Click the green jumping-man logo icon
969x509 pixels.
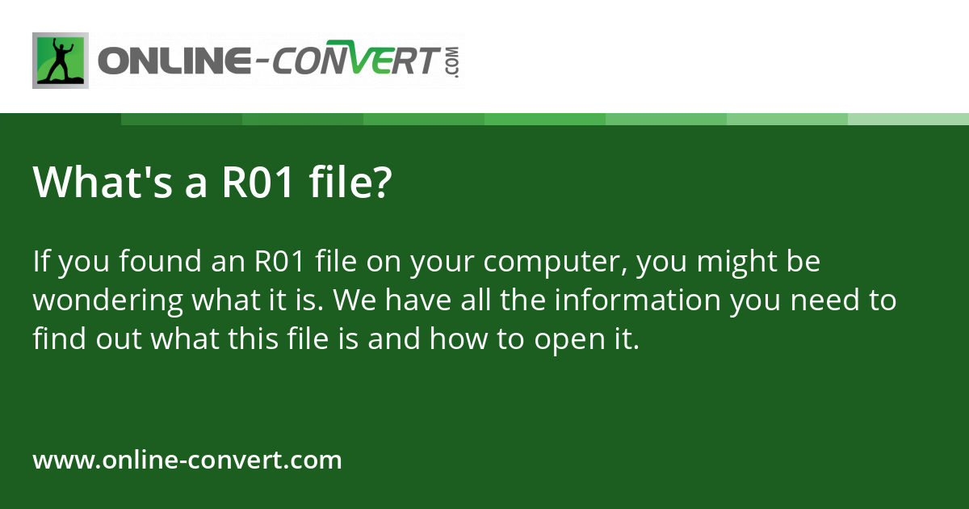(x=60, y=61)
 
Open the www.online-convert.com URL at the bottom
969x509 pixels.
(x=187, y=461)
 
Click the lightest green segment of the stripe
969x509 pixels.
(x=908, y=119)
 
